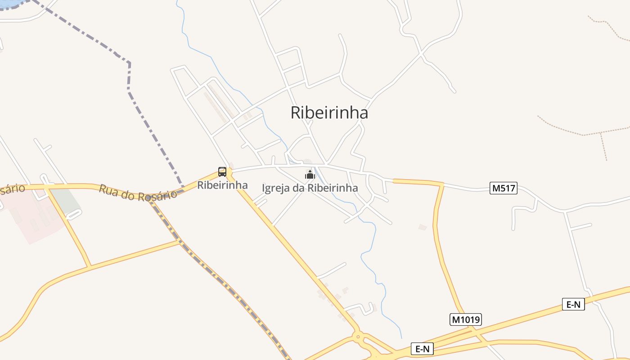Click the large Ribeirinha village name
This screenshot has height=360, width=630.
click(x=329, y=112)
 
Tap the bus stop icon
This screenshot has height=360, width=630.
click(x=222, y=171)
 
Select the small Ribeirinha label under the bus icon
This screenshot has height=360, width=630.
click(x=222, y=185)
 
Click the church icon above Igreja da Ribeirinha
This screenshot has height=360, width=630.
click(x=310, y=174)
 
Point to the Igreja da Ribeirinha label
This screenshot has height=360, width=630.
click(x=310, y=188)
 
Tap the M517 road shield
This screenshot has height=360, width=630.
click(x=504, y=188)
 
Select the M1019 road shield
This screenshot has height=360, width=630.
click(x=466, y=319)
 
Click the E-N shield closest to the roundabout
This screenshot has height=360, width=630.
click(x=422, y=349)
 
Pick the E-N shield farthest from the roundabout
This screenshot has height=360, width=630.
click(x=573, y=305)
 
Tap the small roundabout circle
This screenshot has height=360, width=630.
click(x=358, y=335)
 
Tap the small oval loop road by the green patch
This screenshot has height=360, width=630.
click(x=74, y=215)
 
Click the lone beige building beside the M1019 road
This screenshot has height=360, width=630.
click(x=422, y=227)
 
